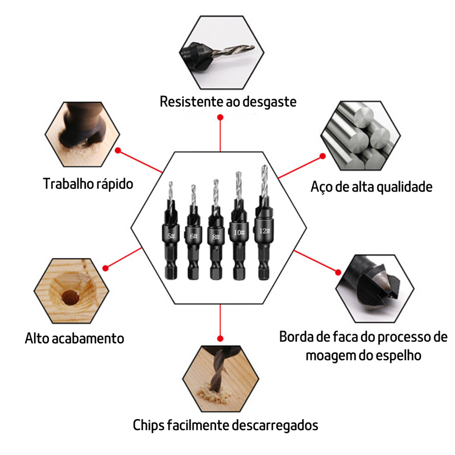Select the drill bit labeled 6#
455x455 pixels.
193,236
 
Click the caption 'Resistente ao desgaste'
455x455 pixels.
227,102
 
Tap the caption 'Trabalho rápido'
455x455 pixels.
88,184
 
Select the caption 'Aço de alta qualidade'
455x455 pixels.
371,187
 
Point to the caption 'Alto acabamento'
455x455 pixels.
75,338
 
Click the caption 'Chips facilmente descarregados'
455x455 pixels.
225,425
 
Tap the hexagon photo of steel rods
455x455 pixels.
356,136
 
